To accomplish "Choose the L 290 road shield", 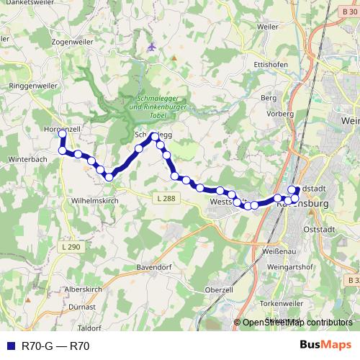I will (x=70, y=247).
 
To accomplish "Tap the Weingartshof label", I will (x=310, y=267).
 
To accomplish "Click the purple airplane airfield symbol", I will (x=151, y=46).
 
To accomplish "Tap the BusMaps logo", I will (x=325, y=345).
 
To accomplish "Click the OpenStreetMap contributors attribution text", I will (x=297, y=323).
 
